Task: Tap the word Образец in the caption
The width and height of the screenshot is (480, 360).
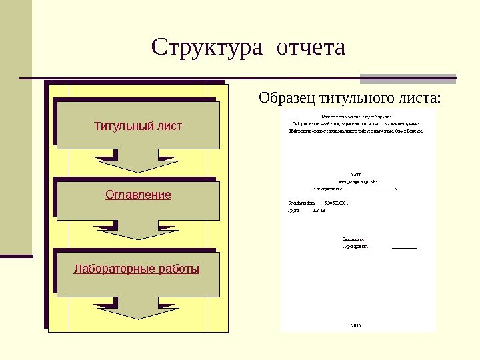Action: (287, 99)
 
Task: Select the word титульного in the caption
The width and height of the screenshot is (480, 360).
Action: (353, 99)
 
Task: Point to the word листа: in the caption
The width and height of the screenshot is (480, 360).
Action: (418, 99)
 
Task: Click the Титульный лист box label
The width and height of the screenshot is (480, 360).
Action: (137, 126)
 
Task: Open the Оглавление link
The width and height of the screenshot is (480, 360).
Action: (138, 195)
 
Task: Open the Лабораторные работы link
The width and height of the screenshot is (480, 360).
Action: (137, 269)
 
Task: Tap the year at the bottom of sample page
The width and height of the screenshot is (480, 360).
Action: (355, 325)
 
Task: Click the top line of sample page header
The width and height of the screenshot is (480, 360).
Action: (357, 116)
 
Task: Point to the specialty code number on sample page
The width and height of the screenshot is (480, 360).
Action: (337, 200)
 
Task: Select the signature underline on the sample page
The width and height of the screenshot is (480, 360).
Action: (405, 247)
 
